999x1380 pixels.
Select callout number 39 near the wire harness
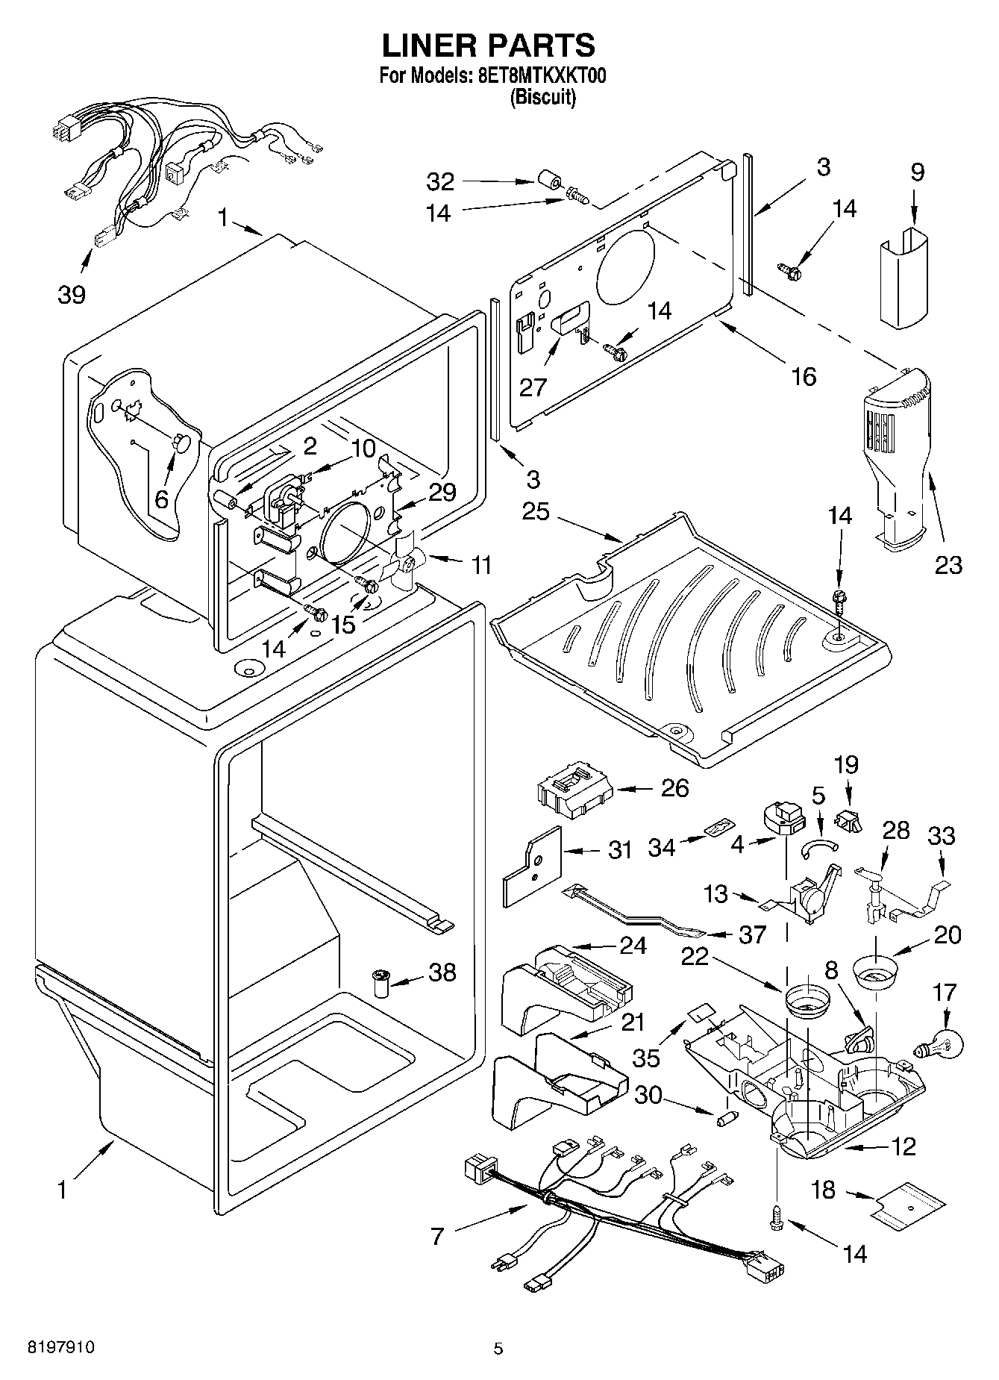point(72,294)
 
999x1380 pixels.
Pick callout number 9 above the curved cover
point(917,172)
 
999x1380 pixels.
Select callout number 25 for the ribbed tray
point(536,512)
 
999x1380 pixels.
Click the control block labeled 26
point(573,790)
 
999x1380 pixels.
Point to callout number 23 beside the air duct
point(948,565)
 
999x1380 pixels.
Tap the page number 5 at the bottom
point(498,1349)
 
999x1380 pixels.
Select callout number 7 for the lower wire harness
point(437,1237)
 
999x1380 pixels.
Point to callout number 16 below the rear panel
point(803,376)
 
